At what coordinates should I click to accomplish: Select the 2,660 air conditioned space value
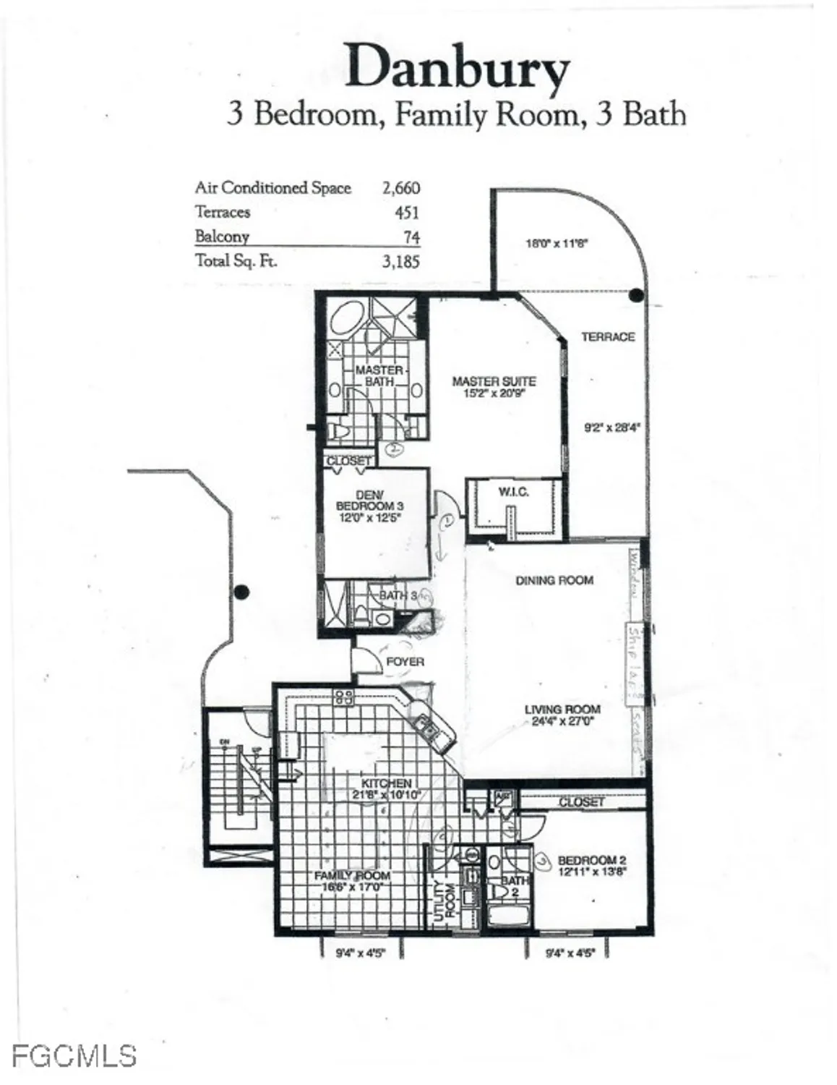(x=401, y=188)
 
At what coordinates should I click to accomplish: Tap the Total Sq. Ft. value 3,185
(x=401, y=261)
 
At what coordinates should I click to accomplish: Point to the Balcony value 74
(x=411, y=237)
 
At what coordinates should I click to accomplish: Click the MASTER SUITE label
(x=494, y=381)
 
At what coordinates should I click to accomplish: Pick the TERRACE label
(x=608, y=337)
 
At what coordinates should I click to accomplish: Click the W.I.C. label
(x=513, y=492)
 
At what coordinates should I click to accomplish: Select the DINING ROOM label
(x=554, y=580)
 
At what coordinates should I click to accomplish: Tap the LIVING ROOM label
(x=562, y=710)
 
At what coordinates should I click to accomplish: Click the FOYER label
(x=405, y=661)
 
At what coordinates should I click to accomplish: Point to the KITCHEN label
(x=387, y=783)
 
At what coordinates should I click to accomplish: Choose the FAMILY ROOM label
(x=352, y=875)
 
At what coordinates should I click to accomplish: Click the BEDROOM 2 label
(x=592, y=860)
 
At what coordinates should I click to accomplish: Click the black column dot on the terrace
(x=636, y=294)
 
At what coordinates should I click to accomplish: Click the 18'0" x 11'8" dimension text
(x=557, y=244)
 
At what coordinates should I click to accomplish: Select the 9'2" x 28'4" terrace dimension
(x=612, y=427)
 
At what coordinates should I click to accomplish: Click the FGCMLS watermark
(x=74, y=1055)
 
